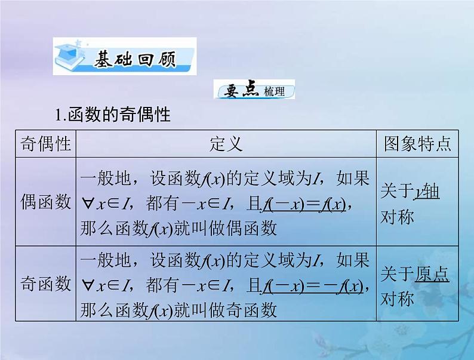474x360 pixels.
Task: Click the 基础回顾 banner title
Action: click(134, 60)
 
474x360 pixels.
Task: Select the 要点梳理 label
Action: click(254, 91)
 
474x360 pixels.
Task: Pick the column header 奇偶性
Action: click(46, 144)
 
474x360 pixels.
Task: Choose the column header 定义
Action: click(226, 144)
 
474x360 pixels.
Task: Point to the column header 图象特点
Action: click(417, 144)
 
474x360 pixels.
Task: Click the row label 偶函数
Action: click(46, 202)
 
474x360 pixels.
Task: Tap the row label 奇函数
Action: click(46, 284)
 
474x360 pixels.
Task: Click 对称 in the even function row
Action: click(397, 216)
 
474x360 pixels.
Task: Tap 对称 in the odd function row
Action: click(397, 298)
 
